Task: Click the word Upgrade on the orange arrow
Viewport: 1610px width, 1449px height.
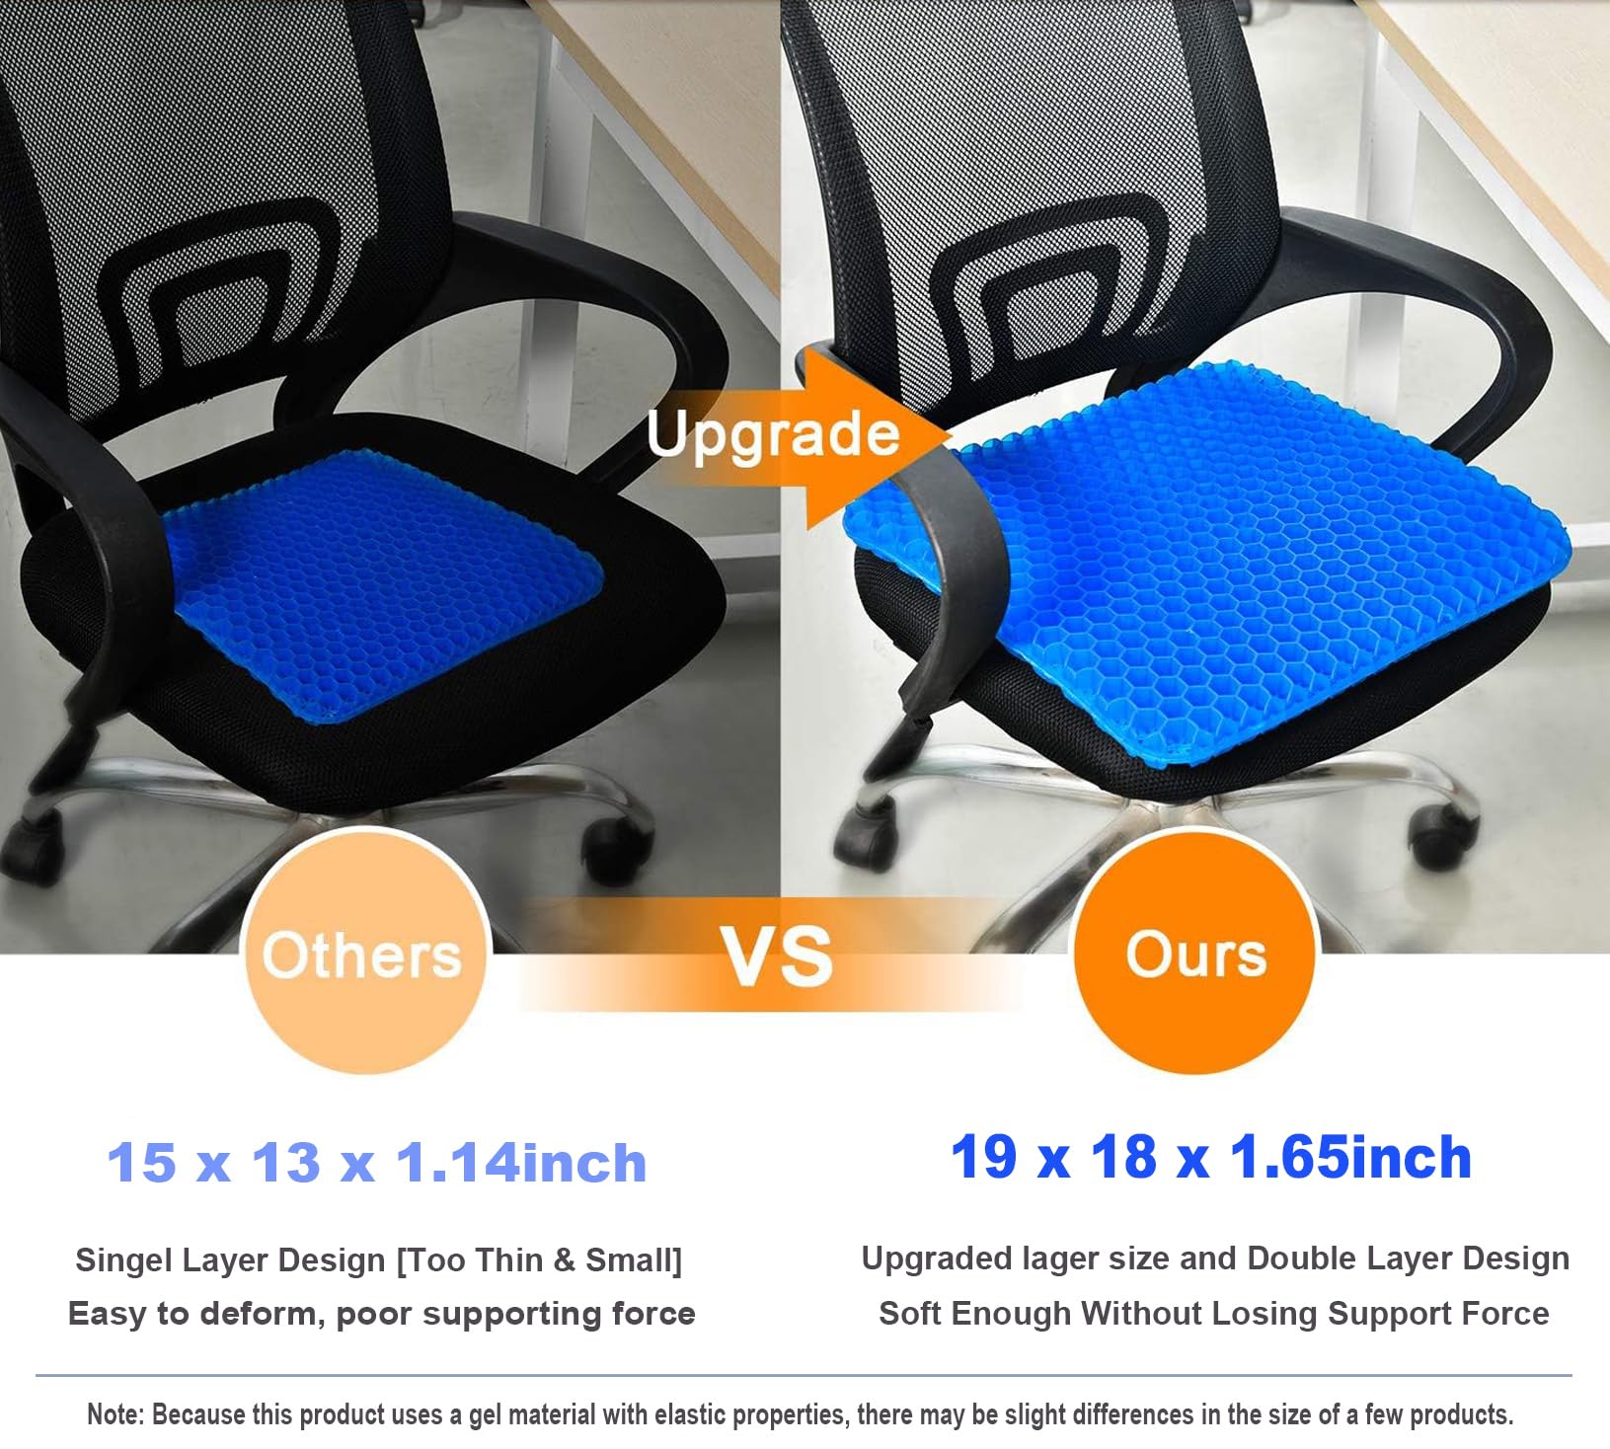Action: (773, 434)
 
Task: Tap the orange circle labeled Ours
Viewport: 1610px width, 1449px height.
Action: (1195, 953)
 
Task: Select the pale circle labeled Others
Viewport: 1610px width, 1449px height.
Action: (362, 954)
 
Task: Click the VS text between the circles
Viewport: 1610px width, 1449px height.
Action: (777, 956)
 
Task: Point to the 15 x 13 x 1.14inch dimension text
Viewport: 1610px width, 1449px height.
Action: (376, 1163)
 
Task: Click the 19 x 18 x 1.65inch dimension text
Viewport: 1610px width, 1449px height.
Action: (1210, 1157)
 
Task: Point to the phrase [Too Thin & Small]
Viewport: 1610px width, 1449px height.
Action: (539, 1260)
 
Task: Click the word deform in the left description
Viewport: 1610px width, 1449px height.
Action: (261, 1314)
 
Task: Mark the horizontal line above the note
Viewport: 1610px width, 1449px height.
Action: (804, 1375)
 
